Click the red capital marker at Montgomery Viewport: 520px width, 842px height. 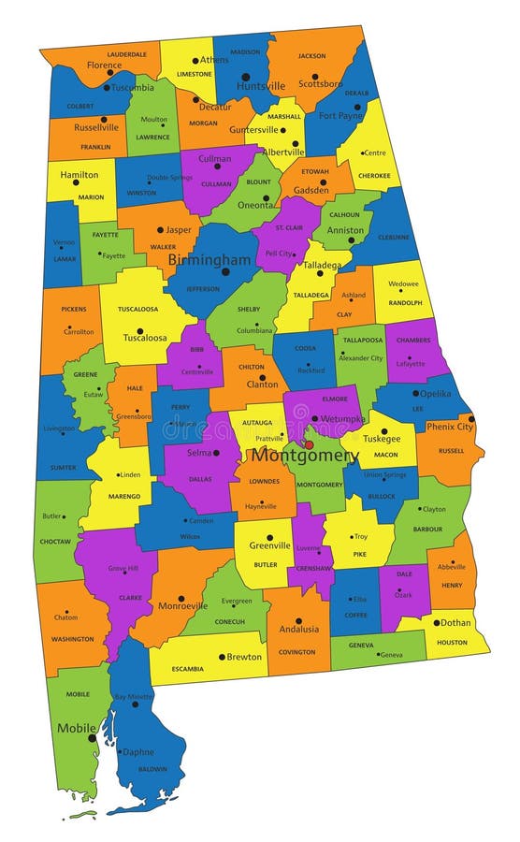coord(310,444)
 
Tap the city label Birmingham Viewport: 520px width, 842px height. coord(209,259)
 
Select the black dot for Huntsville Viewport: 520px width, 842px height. coord(245,77)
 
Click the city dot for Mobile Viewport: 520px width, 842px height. coord(92,738)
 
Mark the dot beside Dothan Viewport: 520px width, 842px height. coord(436,622)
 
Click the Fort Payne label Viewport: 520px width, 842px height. coord(340,116)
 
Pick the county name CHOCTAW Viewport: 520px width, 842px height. coord(54,541)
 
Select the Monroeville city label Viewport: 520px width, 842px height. coord(182,605)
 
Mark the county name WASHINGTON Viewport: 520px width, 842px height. coord(73,639)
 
